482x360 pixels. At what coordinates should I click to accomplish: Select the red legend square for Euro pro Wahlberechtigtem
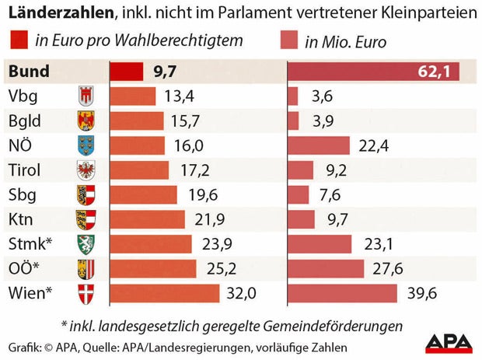[17, 41]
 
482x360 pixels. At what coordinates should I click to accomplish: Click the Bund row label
[29, 72]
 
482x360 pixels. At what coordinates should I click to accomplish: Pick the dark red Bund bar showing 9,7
[126, 72]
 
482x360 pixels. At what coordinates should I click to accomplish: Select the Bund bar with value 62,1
[373, 72]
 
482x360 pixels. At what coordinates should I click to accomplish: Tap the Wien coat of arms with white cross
[86, 294]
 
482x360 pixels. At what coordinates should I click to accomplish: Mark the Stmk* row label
[30, 244]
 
